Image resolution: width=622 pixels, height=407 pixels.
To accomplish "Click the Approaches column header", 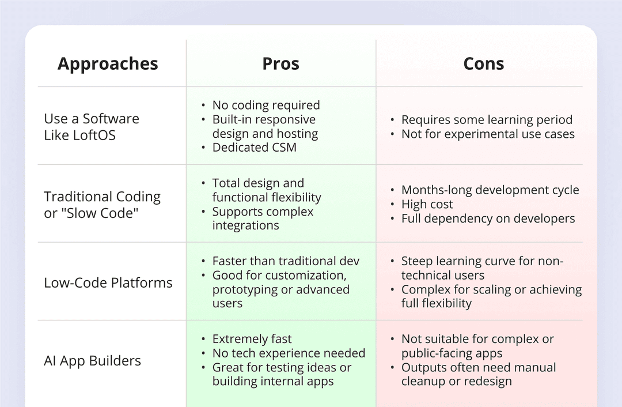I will (x=108, y=64).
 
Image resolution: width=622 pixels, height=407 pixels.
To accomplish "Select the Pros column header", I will (x=280, y=64).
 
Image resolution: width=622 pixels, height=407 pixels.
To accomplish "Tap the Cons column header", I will (x=483, y=64).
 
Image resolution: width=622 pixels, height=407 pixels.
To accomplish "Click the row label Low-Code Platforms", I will (x=108, y=283).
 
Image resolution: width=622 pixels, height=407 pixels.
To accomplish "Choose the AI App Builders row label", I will (x=92, y=361).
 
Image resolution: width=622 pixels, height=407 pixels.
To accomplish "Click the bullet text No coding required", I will (x=266, y=105).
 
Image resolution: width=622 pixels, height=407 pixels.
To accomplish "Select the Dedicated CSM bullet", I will (x=255, y=148).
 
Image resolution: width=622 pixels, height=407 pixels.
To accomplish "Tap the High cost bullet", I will (x=427, y=205).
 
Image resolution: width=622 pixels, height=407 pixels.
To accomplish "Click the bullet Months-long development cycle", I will (x=490, y=190).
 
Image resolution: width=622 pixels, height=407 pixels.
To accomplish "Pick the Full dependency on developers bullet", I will (x=488, y=219).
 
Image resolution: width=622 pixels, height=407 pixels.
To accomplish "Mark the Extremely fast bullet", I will (x=252, y=339).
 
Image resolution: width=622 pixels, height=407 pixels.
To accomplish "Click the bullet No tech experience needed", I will (x=289, y=353).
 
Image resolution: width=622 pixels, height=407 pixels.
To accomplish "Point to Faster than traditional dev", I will (x=286, y=261).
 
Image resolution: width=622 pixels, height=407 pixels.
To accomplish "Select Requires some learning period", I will (x=487, y=120).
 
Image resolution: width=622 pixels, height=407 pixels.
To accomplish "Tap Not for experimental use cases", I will (x=488, y=134).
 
